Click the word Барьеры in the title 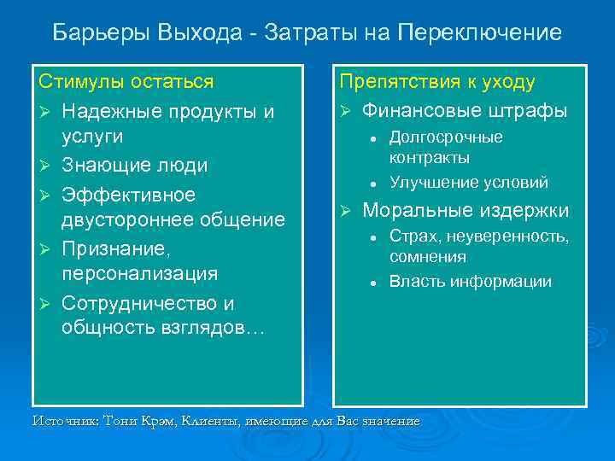(x=102, y=33)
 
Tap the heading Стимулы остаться (x=126, y=83)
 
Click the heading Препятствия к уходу (x=437, y=83)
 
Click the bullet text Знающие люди (x=134, y=164)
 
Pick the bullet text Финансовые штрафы (x=465, y=111)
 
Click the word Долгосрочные (x=446, y=137)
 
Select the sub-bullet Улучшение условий (x=469, y=183)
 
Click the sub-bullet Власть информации (x=471, y=282)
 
